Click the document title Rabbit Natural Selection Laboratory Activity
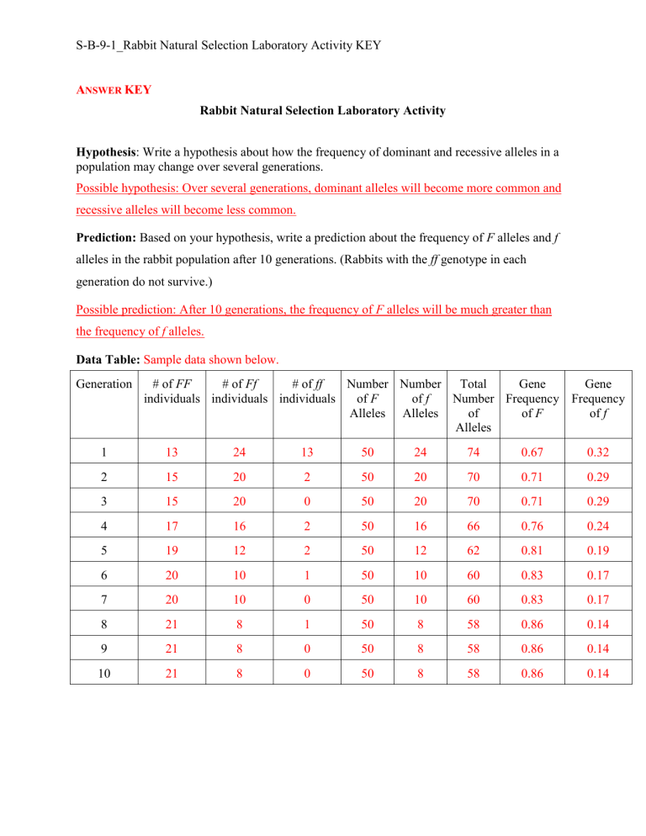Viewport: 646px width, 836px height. [322, 110]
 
